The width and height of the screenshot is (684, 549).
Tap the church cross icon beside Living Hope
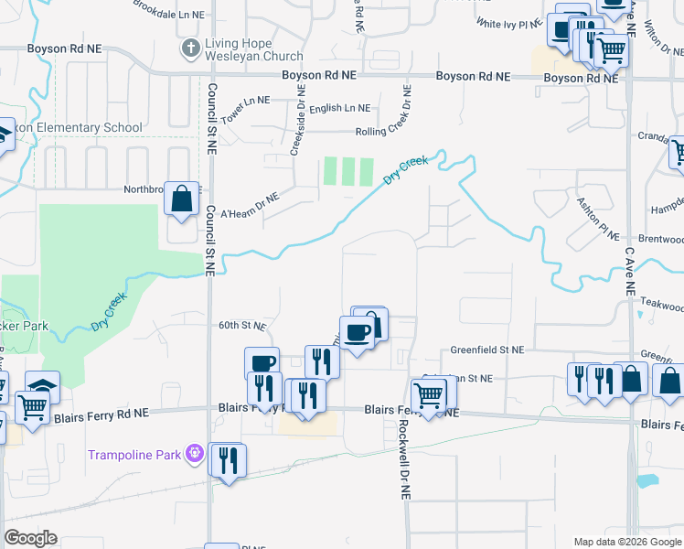point(190,48)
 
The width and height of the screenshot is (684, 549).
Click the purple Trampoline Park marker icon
point(194,453)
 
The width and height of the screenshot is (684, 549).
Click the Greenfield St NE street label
point(487,350)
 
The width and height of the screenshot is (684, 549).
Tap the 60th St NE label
point(242,325)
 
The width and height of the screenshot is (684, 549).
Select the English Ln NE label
point(340,108)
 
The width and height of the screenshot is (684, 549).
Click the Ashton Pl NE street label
point(598,213)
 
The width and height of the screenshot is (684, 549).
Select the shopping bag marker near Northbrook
point(181,198)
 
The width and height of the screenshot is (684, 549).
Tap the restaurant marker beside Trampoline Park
point(227,459)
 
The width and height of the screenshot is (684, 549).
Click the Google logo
point(31,538)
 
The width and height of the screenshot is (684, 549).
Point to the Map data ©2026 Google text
point(626,542)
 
